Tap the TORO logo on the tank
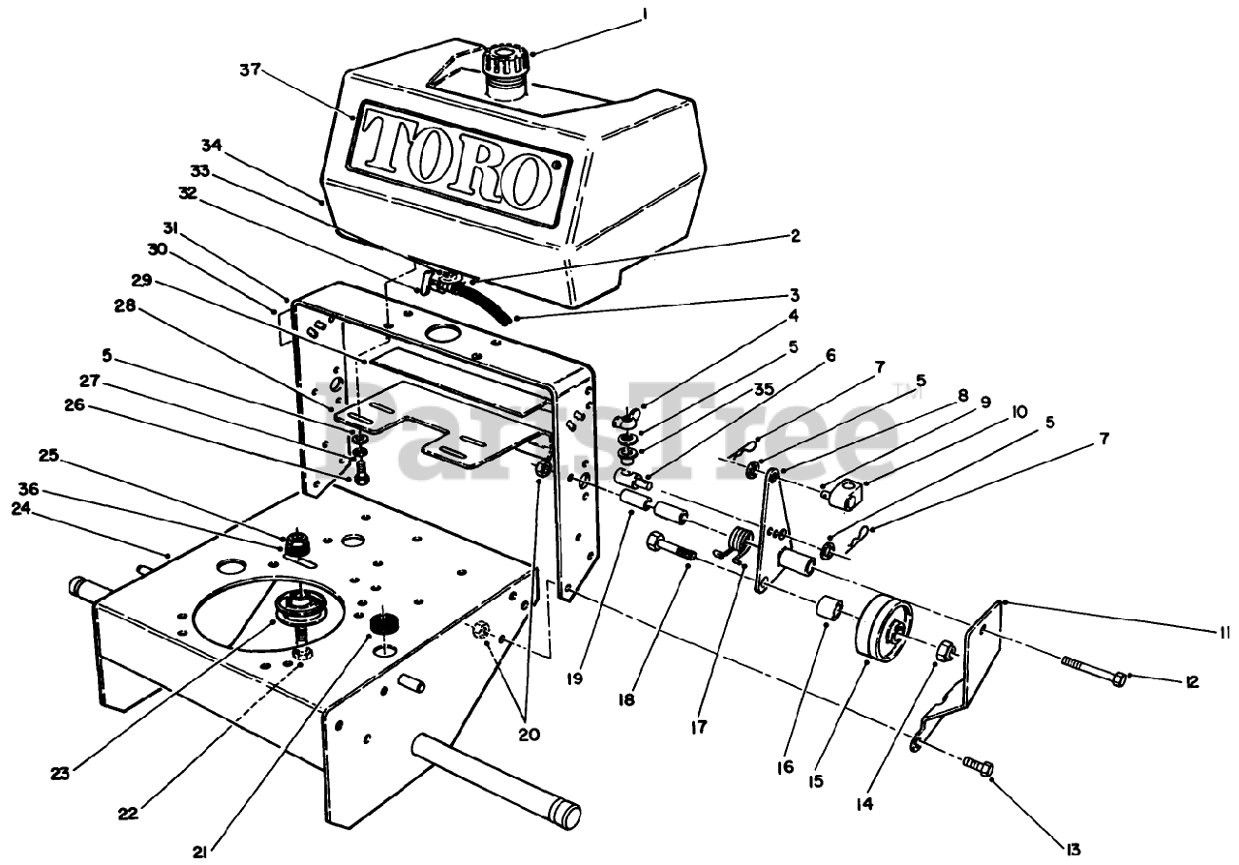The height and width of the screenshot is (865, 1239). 454,156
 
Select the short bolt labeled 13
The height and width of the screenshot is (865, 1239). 979,765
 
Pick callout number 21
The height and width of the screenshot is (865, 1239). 198,850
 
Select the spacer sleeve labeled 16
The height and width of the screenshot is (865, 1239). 831,613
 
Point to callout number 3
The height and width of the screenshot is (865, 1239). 793,294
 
